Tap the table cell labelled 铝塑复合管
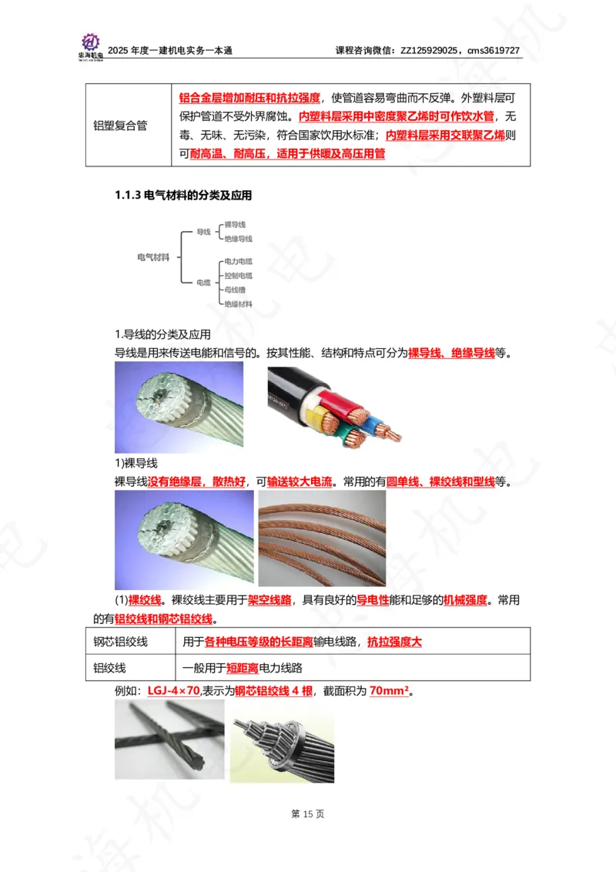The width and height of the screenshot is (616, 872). [x=120, y=126]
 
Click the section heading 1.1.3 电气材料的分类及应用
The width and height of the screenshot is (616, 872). [x=183, y=196]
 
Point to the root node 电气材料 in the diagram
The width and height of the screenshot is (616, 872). [x=152, y=257]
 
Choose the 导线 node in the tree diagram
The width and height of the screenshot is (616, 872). [x=204, y=232]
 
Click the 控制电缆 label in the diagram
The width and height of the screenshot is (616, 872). [x=238, y=275]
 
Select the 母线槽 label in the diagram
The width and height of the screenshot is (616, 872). [x=235, y=290]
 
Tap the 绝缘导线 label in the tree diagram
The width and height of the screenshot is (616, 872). [x=238, y=240]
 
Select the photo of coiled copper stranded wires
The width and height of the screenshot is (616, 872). [x=322, y=538]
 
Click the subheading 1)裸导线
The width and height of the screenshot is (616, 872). [x=136, y=464]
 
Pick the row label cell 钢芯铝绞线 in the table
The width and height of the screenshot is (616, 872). [x=120, y=642]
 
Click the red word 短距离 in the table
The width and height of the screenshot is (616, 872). [x=220, y=668]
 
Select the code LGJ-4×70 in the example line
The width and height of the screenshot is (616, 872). [x=173, y=691]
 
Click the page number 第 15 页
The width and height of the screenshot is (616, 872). [x=308, y=813]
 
